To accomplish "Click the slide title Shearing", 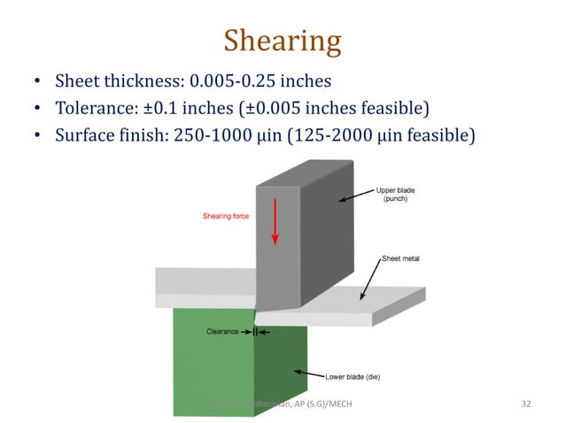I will tap(282, 41).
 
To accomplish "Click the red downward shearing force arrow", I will tap(275, 222).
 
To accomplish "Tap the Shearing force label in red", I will tap(226, 215).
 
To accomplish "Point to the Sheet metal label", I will tap(400, 258).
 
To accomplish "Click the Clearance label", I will tap(222, 331).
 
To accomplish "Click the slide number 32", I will tap(526, 404).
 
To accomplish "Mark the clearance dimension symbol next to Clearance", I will tap(255, 331).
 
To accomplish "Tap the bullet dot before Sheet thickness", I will tap(37, 82).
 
